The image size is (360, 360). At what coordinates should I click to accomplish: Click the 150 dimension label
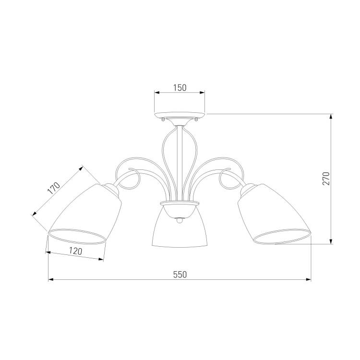pyautogui.click(x=180, y=88)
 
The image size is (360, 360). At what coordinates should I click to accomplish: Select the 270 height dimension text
pyautogui.click(x=326, y=179)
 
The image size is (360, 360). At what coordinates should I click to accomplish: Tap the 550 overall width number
pyautogui.click(x=180, y=275)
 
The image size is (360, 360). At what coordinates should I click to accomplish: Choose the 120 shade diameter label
pyautogui.click(x=75, y=251)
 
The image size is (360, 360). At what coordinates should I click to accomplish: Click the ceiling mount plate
pyautogui.click(x=180, y=115)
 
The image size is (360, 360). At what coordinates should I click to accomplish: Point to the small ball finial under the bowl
pyautogui.click(x=180, y=220)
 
